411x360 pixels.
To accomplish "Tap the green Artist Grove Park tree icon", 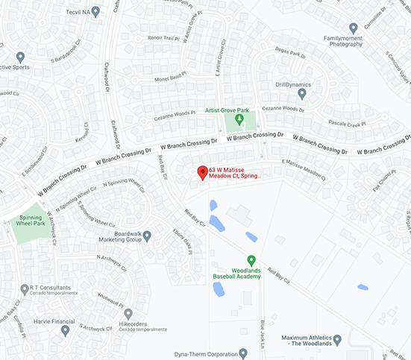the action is pyautogui.click(x=239, y=119).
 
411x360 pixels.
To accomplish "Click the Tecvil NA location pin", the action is pyautogui.click(x=95, y=11).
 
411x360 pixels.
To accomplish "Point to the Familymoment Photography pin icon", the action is pyautogui.click(x=354, y=26).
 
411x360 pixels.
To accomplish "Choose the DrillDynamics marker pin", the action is pyautogui.click(x=302, y=93).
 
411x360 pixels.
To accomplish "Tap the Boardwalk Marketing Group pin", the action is pyautogui.click(x=147, y=236).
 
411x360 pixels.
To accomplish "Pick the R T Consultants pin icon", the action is pyautogui.click(x=22, y=288).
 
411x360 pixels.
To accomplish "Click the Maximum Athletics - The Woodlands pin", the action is pyautogui.click(x=337, y=340).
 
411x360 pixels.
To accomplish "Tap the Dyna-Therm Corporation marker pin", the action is pyautogui.click(x=243, y=354).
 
